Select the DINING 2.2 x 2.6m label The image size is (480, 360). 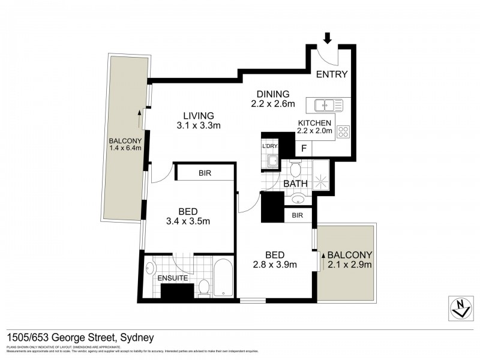tap(273, 98)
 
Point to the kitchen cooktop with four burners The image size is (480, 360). tap(344, 131)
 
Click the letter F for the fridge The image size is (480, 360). tap(304, 147)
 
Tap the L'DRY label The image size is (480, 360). tap(269, 146)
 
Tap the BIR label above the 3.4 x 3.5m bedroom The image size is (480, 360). tap(203, 173)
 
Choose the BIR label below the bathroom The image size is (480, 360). tap(297, 215)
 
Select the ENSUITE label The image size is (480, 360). tap(173, 278)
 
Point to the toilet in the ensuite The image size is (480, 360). tap(203, 287)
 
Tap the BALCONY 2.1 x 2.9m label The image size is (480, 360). tap(349, 259)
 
